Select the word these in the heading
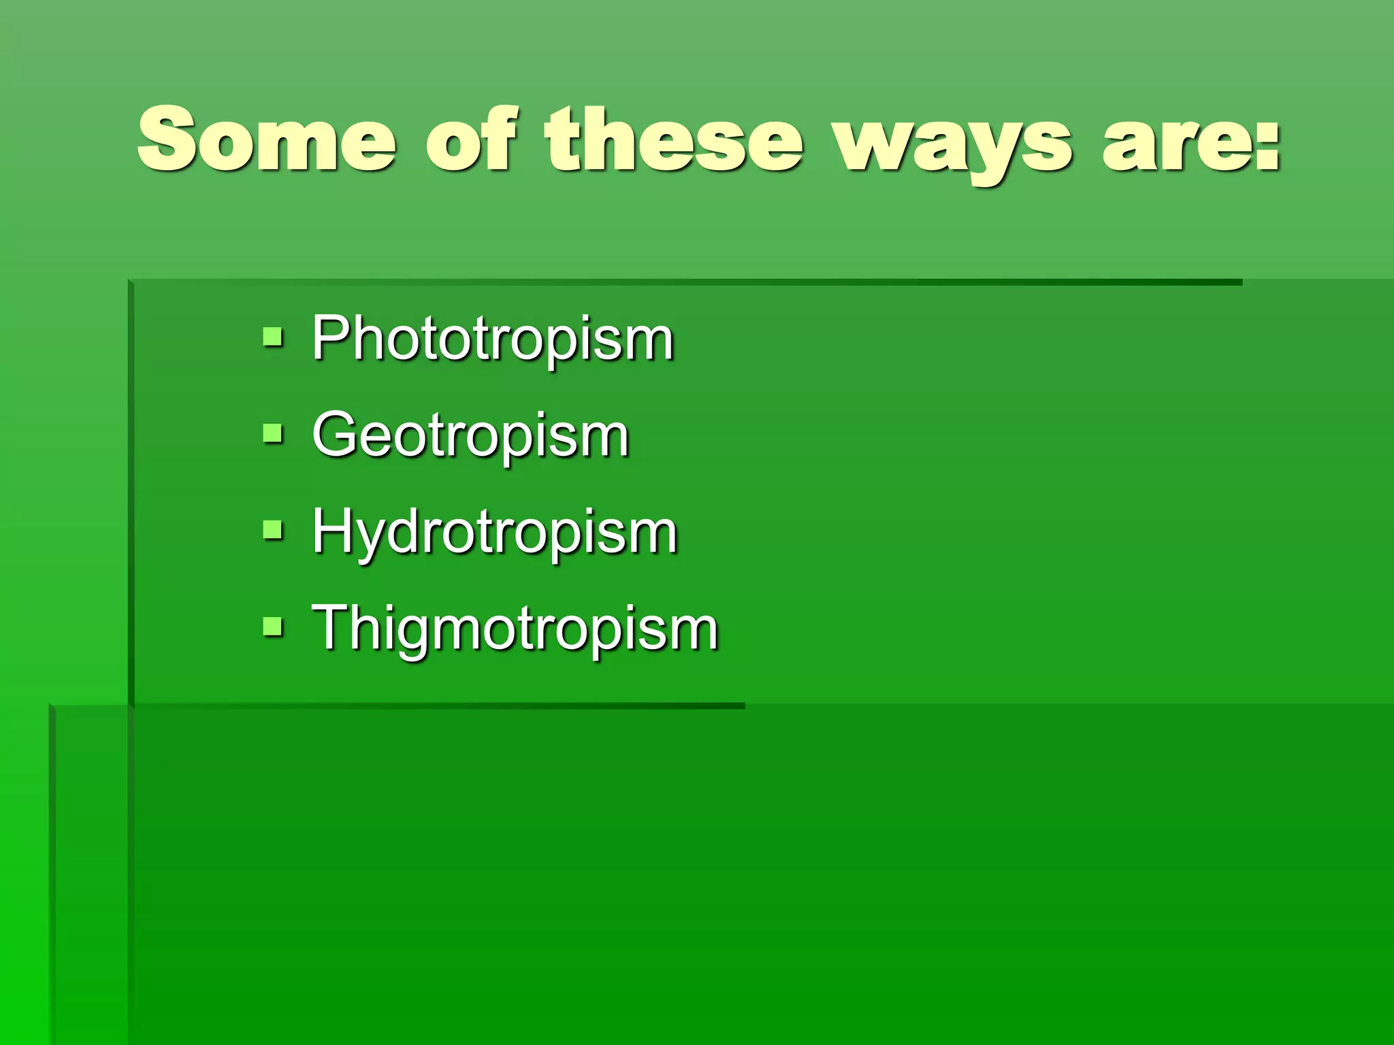[674, 142]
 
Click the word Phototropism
[493, 339]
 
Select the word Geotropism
[470, 436]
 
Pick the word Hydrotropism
[495, 533]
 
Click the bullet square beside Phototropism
[273, 336]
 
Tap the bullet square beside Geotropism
[273, 433]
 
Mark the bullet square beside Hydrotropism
[273, 529]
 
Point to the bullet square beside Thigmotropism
[273, 625]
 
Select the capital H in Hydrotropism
[332, 530]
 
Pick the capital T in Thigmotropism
[330, 626]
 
